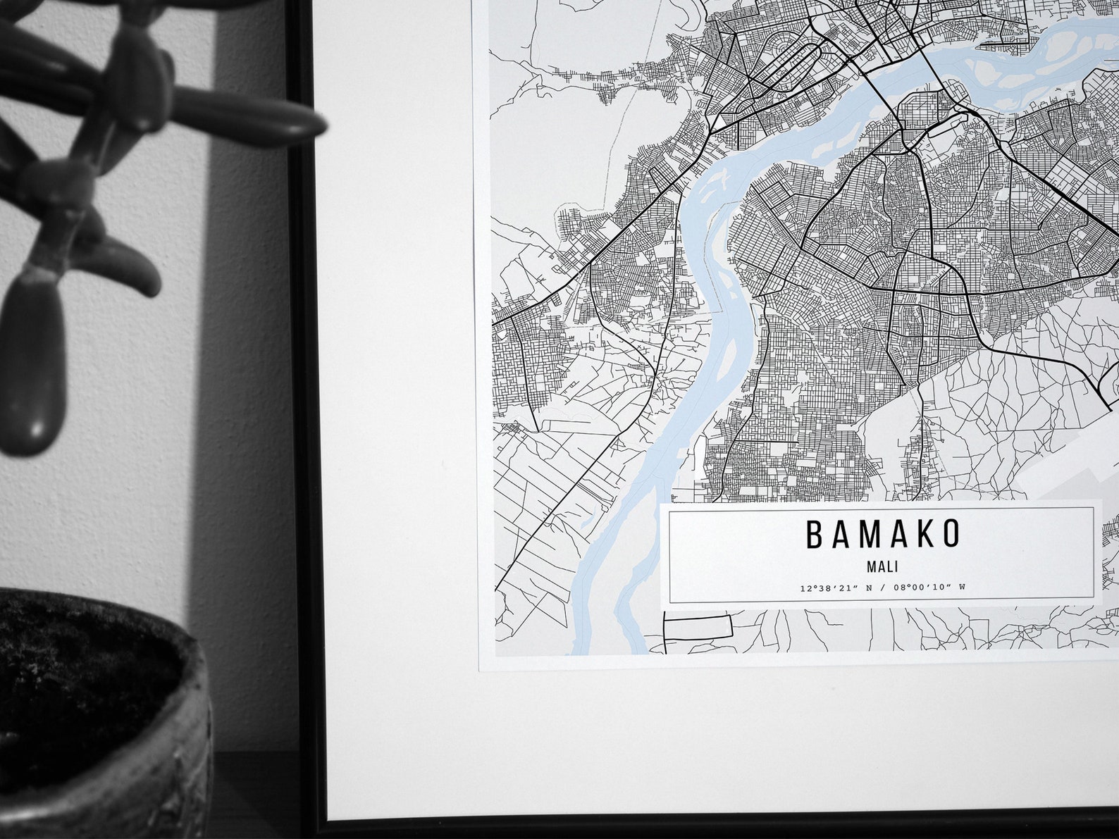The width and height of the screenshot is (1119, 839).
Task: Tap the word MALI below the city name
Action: tap(883, 566)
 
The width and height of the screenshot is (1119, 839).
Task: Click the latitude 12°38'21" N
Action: tap(834, 588)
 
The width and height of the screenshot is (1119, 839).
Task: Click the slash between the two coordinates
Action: tap(880, 588)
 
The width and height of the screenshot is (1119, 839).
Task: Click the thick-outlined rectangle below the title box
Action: tap(698, 627)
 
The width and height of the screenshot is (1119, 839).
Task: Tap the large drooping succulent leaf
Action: tap(32, 366)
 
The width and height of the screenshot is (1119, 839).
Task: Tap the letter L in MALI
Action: tap(889, 566)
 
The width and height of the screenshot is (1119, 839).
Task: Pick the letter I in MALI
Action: tap(897, 566)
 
